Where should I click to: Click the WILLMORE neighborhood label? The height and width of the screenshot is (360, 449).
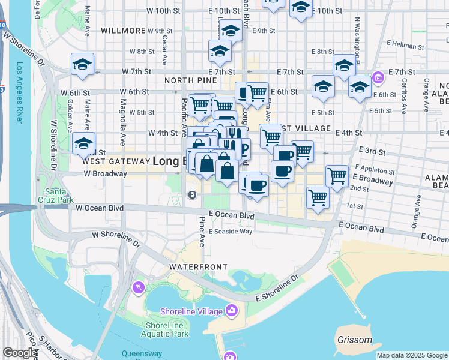tap(124, 30)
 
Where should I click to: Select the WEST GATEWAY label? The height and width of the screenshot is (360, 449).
tap(115, 161)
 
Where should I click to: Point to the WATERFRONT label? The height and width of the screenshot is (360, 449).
tap(198, 266)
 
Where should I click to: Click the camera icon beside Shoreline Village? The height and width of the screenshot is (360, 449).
tap(232, 310)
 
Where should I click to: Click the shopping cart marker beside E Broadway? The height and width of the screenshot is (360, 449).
tap(337, 176)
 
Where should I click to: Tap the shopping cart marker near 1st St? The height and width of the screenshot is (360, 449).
tap(318, 197)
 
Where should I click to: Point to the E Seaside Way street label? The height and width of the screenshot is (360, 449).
tap(231, 231)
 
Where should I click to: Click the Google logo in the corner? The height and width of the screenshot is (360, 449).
tap(20, 353)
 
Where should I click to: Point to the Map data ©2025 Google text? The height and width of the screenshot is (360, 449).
tap(412, 355)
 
